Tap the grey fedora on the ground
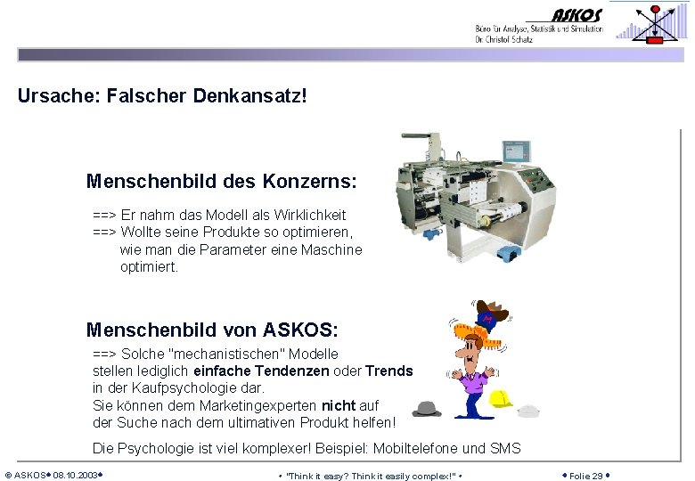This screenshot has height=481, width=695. click(x=427, y=410)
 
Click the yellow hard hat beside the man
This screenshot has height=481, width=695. click(x=502, y=398)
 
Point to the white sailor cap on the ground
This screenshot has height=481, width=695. click(x=529, y=411)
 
